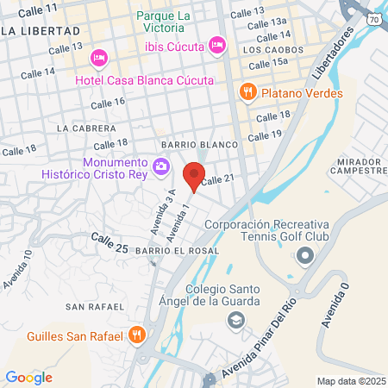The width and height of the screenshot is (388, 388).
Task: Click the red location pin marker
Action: point(194,174)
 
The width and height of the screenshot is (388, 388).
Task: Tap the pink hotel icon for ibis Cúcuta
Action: point(217,42)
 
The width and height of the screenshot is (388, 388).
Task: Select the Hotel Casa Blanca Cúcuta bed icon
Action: point(98,57)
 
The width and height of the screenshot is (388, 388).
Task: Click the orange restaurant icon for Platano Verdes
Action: point(247,90)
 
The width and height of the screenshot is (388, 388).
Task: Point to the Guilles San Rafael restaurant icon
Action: point(136,335)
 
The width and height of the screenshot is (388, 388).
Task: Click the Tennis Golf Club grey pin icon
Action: point(304,255)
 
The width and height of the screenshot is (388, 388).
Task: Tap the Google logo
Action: point(28,377)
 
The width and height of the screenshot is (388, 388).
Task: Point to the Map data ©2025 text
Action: point(350,381)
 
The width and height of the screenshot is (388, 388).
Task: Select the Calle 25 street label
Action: point(110,242)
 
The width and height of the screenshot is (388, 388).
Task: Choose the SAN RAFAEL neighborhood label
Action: point(90,306)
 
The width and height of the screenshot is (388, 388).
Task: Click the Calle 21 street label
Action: point(217,179)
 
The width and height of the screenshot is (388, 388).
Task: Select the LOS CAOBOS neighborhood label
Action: point(273,50)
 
